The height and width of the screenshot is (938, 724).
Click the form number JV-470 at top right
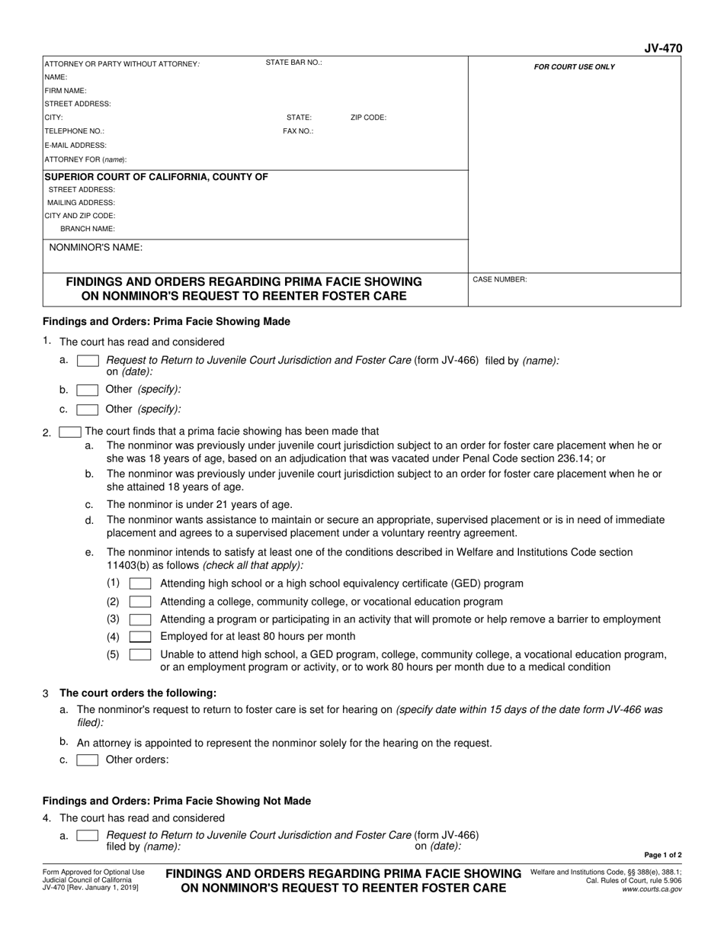(663, 48)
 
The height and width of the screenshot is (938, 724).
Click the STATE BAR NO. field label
(293, 63)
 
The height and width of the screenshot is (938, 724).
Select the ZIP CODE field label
(368, 118)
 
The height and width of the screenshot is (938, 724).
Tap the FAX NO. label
(298, 131)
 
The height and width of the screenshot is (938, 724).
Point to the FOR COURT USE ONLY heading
(574, 67)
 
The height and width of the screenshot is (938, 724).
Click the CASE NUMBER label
(499, 280)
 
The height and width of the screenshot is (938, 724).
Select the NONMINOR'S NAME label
(95, 248)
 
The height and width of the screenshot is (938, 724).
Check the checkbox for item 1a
(88, 361)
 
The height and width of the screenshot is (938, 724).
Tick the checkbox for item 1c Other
(88, 410)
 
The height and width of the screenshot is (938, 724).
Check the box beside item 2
(70, 432)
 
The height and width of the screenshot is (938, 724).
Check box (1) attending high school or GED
(140, 584)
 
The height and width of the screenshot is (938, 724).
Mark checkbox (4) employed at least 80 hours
(140, 637)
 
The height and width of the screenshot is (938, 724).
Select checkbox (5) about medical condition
(140, 655)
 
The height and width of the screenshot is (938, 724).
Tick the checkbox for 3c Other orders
(88, 760)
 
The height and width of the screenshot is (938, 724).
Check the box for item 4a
(88, 836)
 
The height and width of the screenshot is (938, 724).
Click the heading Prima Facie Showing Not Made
(177, 801)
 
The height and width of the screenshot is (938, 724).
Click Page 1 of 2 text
(662, 856)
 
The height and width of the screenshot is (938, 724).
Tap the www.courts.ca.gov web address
(652, 889)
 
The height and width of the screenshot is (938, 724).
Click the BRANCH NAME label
(88, 229)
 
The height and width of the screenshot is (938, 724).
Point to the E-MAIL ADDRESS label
(75, 145)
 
